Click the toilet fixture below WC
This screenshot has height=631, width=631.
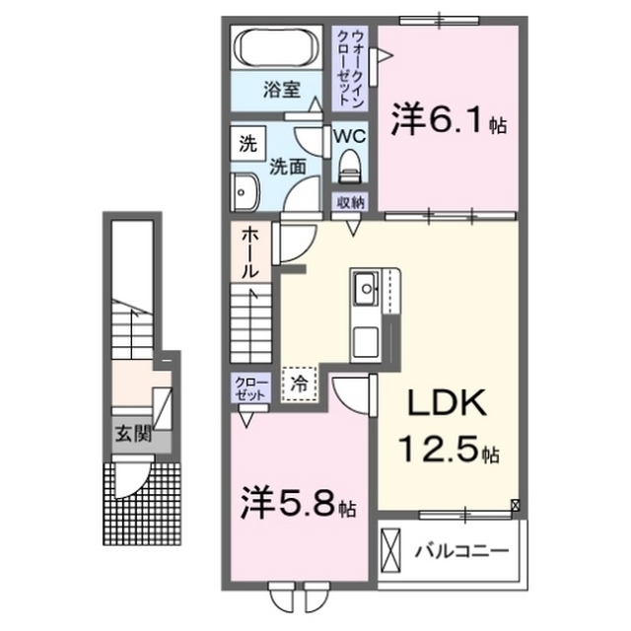pos(348,169)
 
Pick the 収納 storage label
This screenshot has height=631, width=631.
pos(349,203)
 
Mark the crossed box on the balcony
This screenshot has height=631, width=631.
pos(391,549)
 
